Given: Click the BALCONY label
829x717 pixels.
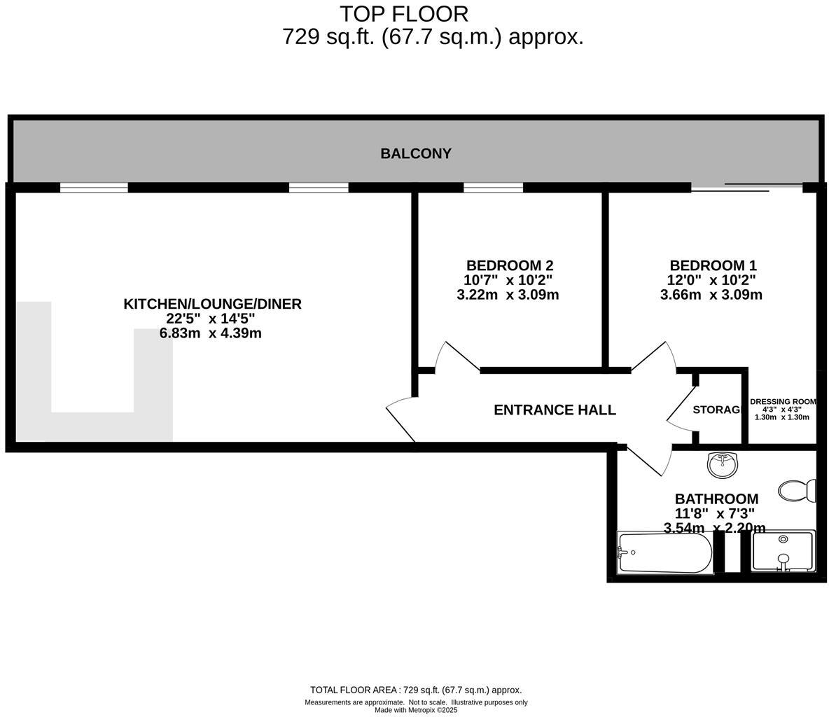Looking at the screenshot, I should pos(415,153).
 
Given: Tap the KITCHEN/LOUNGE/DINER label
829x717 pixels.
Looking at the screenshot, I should pos(212,304).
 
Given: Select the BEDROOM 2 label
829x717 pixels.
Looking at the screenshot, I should pos(509,265).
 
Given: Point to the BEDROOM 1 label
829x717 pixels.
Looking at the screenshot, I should pos(712,265).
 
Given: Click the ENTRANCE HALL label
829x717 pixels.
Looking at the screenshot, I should pos(555,410).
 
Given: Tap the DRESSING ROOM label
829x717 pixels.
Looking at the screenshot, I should pos(782,402).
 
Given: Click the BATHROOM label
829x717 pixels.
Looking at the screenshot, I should pos(716,499).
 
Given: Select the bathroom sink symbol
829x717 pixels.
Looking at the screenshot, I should pos(722,464).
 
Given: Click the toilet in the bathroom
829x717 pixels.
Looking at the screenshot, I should pos(797,490).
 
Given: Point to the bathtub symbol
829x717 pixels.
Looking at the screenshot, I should pos(664,552).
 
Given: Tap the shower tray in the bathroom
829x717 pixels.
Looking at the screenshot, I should pos(783,552).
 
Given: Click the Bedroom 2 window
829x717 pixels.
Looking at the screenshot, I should pos(493,188).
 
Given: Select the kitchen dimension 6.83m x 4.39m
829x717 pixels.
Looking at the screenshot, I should pos(210,333).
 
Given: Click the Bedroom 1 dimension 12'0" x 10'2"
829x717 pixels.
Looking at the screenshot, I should pos(712,280).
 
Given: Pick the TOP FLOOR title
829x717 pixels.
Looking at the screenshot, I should pos(404,14).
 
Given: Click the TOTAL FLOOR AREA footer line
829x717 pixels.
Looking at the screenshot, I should pos(416,690).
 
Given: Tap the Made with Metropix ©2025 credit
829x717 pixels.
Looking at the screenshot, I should pos(416,710).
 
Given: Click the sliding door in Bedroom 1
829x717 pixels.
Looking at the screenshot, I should pos(746,187).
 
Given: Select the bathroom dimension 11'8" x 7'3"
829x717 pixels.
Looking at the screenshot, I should pos(714,513).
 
